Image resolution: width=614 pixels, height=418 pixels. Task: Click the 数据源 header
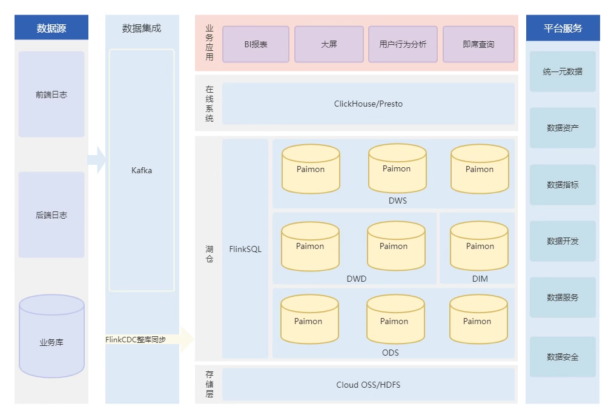pyautogui.click(x=51, y=27)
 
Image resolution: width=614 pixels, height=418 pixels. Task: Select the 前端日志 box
pyautogui.click(x=51, y=94)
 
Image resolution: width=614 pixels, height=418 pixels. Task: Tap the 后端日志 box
pyautogui.click(x=51, y=214)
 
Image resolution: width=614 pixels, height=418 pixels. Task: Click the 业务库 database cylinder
pyautogui.click(x=51, y=336)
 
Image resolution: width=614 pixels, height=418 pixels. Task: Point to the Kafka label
pyautogui.click(x=141, y=170)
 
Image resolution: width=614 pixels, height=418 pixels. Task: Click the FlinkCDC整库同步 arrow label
pyautogui.click(x=136, y=340)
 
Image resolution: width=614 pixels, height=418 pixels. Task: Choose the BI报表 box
pyautogui.click(x=256, y=44)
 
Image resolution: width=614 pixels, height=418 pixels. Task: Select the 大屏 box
pyautogui.click(x=329, y=44)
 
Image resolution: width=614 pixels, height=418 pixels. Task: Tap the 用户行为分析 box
pyautogui.click(x=403, y=44)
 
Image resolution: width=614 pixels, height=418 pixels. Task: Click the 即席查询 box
pyautogui.click(x=478, y=44)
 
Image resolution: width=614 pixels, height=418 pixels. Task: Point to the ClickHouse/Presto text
pyautogui.click(x=368, y=104)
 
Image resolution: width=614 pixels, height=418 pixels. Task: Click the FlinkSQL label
pyautogui.click(x=245, y=249)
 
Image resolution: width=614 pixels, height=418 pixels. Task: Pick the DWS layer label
pyautogui.click(x=397, y=201)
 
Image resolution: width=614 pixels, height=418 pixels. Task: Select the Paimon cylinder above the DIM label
pyautogui.click(x=480, y=246)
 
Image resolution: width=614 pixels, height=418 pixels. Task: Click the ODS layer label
pyautogui.click(x=391, y=353)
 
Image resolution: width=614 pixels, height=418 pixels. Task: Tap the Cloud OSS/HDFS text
pyautogui.click(x=368, y=385)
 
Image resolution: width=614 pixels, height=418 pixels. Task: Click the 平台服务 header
pyautogui.click(x=563, y=28)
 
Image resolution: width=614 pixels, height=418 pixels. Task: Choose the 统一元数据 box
pyautogui.click(x=563, y=71)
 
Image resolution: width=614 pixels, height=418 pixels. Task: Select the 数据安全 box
pyautogui.click(x=563, y=357)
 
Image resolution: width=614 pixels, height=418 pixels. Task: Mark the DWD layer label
pyautogui.click(x=356, y=279)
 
